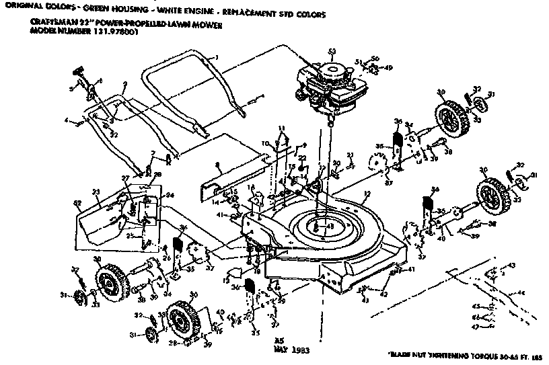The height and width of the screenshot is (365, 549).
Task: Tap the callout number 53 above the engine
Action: point(331,52)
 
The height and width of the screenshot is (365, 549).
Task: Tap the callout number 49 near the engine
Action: point(389,68)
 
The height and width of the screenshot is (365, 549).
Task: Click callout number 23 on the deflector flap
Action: point(96,191)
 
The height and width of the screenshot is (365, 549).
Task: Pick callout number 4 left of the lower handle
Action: point(67,122)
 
